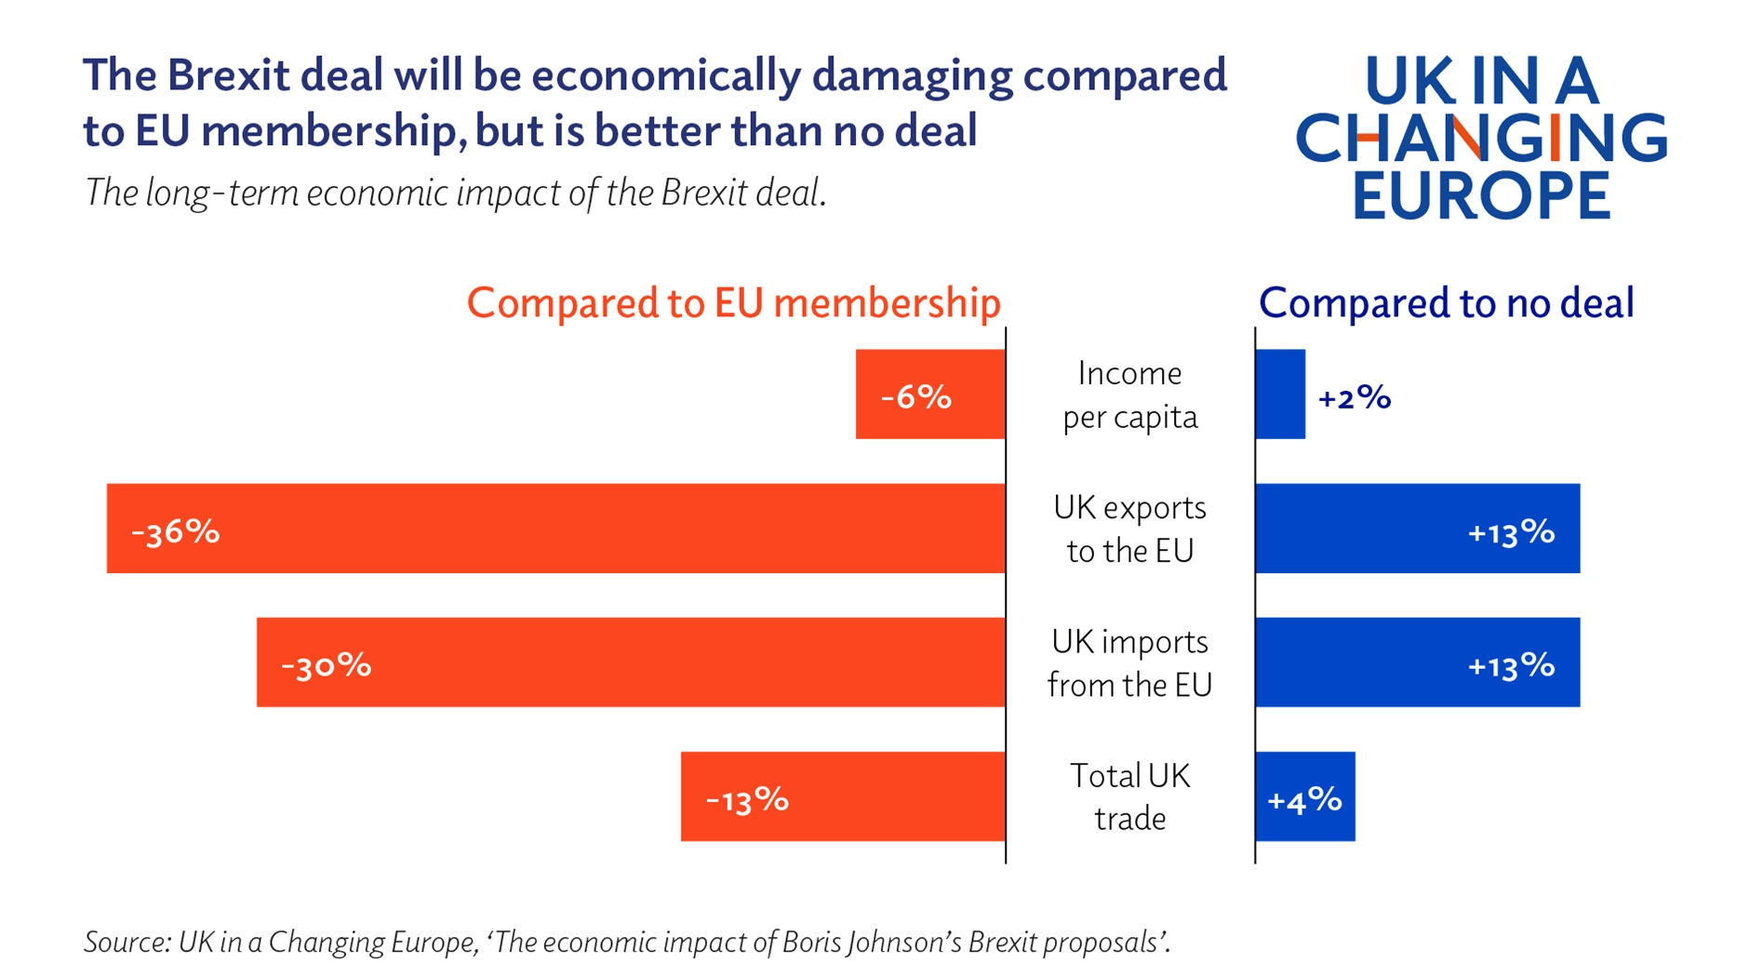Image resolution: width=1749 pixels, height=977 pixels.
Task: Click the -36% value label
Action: pyautogui.click(x=175, y=531)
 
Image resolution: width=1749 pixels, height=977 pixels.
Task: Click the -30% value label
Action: pyautogui.click(x=326, y=665)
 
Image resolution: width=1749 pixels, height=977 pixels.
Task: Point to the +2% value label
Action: pyautogui.click(x=1354, y=398)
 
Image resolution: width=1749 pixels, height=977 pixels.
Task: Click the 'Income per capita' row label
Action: pyautogui.click(x=1129, y=395)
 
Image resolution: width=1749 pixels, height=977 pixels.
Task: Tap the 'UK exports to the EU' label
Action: pyautogui.click(x=1129, y=529)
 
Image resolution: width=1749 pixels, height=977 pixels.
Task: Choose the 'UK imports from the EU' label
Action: pyautogui.click(x=1129, y=662)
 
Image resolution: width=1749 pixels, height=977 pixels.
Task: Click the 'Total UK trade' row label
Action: pyautogui.click(x=1129, y=796)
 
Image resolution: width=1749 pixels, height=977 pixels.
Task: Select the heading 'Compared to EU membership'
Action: pyautogui.click(x=733, y=303)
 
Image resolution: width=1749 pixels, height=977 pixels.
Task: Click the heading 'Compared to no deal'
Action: pyautogui.click(x=1446, y=303)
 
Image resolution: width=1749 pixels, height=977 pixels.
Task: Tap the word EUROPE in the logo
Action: pyautogui.click(x=1480, y=194)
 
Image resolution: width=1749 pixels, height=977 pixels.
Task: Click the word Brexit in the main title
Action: pyautogui.click(x=228, y=75)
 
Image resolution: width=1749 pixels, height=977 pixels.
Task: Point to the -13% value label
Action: pyautogui.click(x=747, y=799)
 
